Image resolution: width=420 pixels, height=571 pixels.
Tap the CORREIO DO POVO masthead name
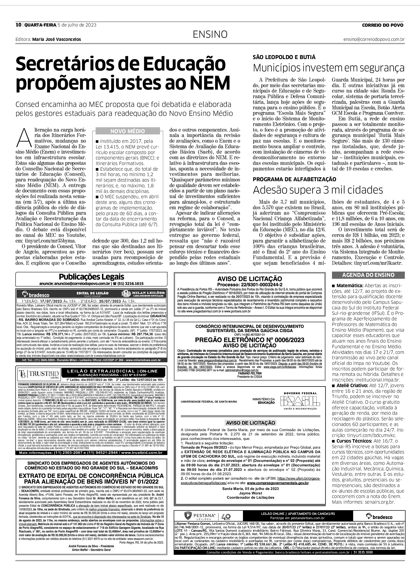point(383,25)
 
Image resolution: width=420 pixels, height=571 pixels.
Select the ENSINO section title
point(210,34)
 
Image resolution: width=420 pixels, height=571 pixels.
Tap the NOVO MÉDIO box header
point(128,131)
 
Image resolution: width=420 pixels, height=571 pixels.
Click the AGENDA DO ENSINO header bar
point(368,275)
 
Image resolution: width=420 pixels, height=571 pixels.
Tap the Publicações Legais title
point(91,277)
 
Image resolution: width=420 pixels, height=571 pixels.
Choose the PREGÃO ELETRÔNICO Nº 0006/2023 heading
point(249,340)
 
